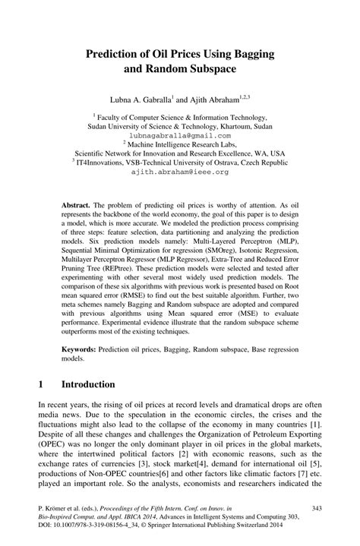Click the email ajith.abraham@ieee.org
(179, 172)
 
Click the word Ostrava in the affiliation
(221, 163)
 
